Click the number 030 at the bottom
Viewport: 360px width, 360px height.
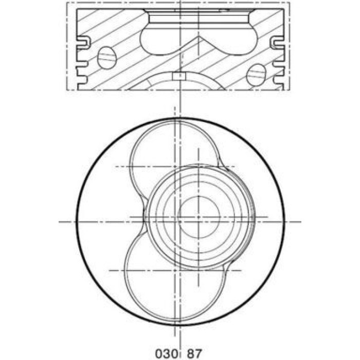pyautogui.click(x=167, y=354)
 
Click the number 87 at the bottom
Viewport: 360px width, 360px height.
pyautogui.click(x=195, y=354)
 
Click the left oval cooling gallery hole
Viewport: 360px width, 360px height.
pyautogui.click(x=107, y=58)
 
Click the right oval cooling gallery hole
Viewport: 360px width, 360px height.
pyautogui.click(x=256, y=75)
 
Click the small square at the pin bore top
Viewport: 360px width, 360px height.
pyautogui.click(x=179, y=76)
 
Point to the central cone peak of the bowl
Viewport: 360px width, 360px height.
pyautogui.click(x=199, y=37)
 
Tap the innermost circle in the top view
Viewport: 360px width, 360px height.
pyautogui.click(x=199, y=217)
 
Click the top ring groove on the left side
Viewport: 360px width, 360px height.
pyautogui.click(x=84, y=43)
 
